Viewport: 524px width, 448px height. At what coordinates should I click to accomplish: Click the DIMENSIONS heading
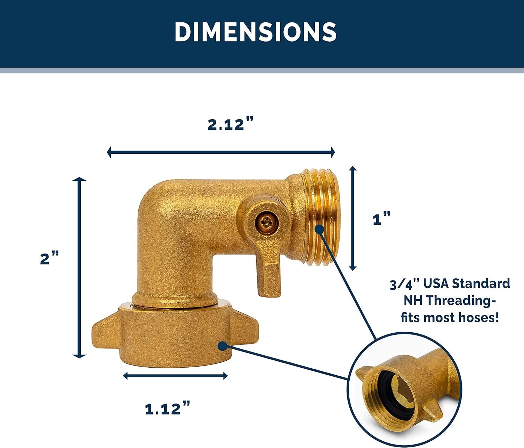255,32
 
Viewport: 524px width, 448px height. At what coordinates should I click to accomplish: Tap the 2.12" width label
230,124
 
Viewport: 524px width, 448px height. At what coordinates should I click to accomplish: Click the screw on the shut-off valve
265,223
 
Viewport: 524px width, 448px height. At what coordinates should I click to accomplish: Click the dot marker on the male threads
319,229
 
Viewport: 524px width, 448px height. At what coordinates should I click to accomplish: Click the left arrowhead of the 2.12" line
109,152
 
